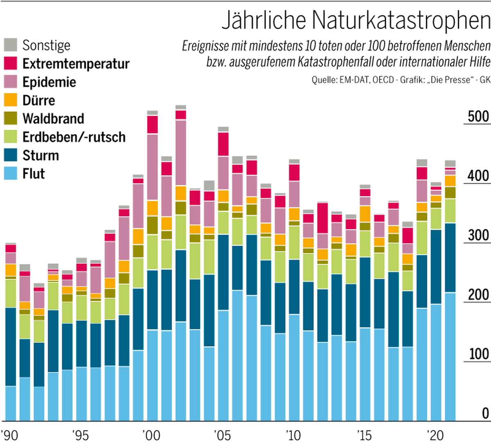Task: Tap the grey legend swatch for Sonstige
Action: point(11,45)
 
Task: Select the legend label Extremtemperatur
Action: point(76,64)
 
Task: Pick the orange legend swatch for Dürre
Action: point(11,100)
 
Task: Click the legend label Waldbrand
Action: point(53,119)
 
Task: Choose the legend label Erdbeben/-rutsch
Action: point(74,137)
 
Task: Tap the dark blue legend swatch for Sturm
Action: point(11,155)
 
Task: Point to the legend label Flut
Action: point(34,174)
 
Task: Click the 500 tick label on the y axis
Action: point(478,117)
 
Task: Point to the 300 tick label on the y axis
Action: point(478,236)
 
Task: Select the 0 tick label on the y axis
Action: point(485,413)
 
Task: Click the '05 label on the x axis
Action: point(223,435)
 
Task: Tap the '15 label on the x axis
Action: point(365,435)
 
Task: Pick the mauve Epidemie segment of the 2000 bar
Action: point(152,167)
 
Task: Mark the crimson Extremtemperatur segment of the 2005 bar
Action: point(223,144)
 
